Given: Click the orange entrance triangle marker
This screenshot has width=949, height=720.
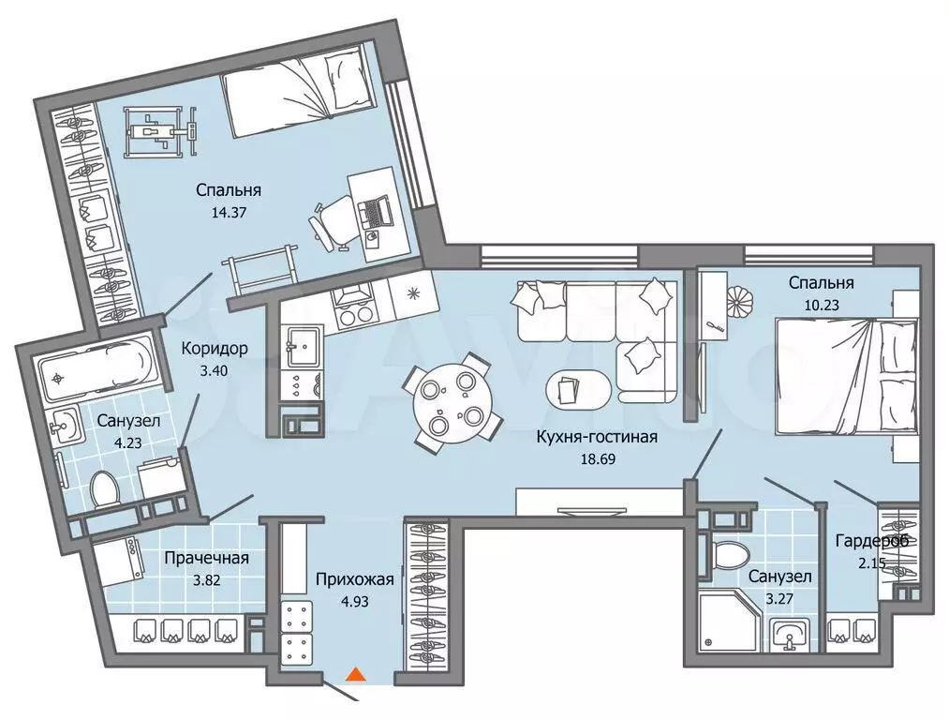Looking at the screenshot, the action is coord(357,675).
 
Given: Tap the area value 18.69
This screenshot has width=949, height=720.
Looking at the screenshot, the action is coord(598,459).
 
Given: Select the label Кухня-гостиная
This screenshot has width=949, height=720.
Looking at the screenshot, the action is coord(597,437).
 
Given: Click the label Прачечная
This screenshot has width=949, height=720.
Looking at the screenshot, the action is coord(206,558).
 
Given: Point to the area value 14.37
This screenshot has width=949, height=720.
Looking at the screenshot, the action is coord(229,213).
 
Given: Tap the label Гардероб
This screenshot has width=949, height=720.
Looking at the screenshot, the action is coord(872,541).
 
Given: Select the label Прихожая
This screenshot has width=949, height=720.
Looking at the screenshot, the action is coord(355,579).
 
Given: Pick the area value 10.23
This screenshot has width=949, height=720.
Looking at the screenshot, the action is coord(822,306).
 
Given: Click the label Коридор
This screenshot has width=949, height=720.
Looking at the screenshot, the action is coord(215,349).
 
